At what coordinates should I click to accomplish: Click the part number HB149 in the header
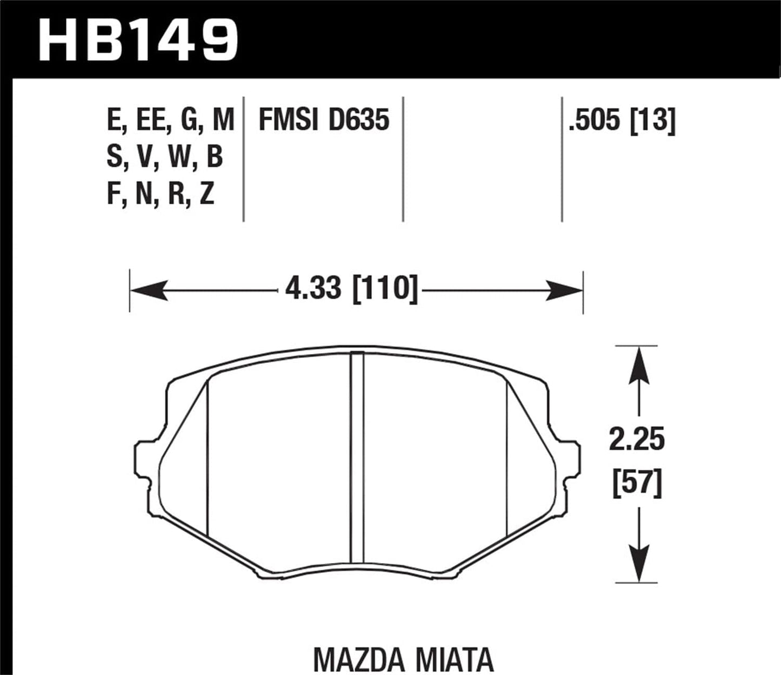coord(138,40)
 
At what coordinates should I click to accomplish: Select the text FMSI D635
coord(324,120)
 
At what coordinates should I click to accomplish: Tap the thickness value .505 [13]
coord(622,120)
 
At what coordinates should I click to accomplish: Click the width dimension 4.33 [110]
coord(351,288)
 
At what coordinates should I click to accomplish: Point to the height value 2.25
coord(637,440)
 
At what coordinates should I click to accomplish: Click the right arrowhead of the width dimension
coord(564,290)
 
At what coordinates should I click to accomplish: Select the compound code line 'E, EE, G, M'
coord(170,120)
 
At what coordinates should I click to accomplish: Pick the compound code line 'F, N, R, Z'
coord(161,194)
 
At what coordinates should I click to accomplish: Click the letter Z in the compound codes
coord(207,194)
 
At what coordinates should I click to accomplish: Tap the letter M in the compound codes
coord(223,120)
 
